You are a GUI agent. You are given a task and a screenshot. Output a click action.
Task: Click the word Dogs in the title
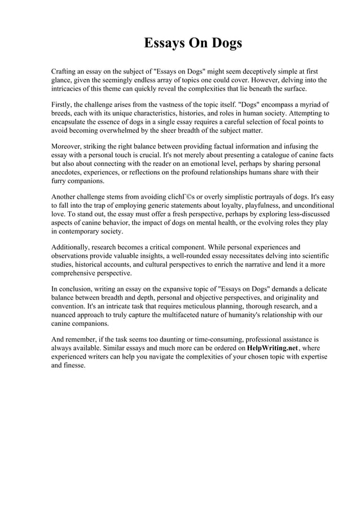click(x=226, y=43)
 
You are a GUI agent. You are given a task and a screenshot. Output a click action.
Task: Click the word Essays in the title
click(x=165, y=43)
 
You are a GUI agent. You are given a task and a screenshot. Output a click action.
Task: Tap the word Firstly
click(x=64, y=104)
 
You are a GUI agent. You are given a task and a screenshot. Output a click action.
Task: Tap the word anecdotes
click(x=68, y=172)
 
